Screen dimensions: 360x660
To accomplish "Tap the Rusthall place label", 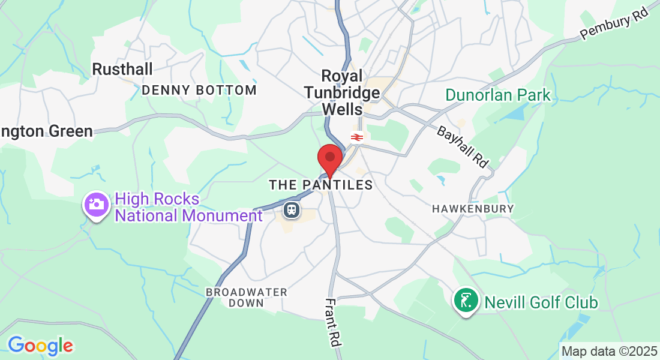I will pyautogui.click(x=122, y=69).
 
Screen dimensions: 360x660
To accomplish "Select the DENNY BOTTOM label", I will pyautogui.click(x=199, y=91).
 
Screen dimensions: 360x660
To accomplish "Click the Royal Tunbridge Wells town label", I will pyautogui.click(x=343, y=92).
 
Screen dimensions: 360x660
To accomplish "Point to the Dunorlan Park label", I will pyautogui.click(x=497, y=95).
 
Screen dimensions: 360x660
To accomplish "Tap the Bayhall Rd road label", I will pyautogui.click(x=463, y=147).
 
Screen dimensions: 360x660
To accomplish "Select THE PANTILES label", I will pyautogui.click(x=320, y=185).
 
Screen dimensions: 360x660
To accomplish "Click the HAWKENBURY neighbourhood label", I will pyautogui.click(x=473, y=209).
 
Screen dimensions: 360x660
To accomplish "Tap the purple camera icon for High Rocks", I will pyautogui.click(x=95, y=205).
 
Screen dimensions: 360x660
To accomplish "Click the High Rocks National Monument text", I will pyautogui.click(x=188, y=207).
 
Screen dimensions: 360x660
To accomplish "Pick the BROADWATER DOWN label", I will pyautogui.click(x=246, y=298).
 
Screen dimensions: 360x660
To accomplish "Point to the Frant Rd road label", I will pyautogui.click(x=332, y=322).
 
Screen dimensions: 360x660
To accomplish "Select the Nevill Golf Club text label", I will pyautogui.click(x=541, y=302).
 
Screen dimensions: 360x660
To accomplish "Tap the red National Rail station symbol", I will pyautogui.click(x=356, y=137).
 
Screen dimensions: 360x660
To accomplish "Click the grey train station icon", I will pyautogui.click(x=292, y=210).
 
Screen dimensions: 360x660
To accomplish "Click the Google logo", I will pyautogui.click(x=40, y=346).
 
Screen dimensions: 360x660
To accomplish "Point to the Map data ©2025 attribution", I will pyautogui.click(x=608, y=350).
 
